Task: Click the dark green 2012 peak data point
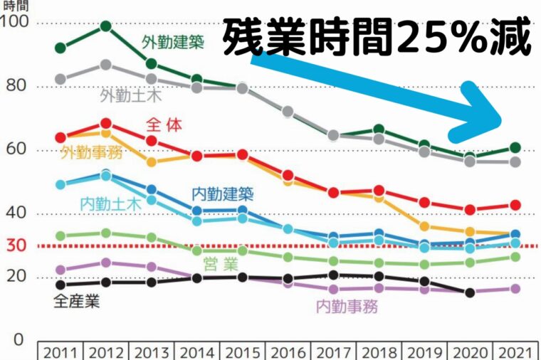tap(105, 26)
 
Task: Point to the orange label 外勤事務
tap(91, 152)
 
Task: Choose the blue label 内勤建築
tap(222, 193)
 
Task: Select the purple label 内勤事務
tap(347, 307)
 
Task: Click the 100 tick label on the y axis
tap(15, 22)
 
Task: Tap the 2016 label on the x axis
tap(288, 352)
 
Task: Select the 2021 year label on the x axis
tap(515, 352)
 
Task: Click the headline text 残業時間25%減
tap(377, 39)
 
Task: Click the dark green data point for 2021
tap(515, 148)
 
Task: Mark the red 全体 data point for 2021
tap(515, 205)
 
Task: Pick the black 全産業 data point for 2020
tap(470, 292)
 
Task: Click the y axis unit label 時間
tap(16, 5)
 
